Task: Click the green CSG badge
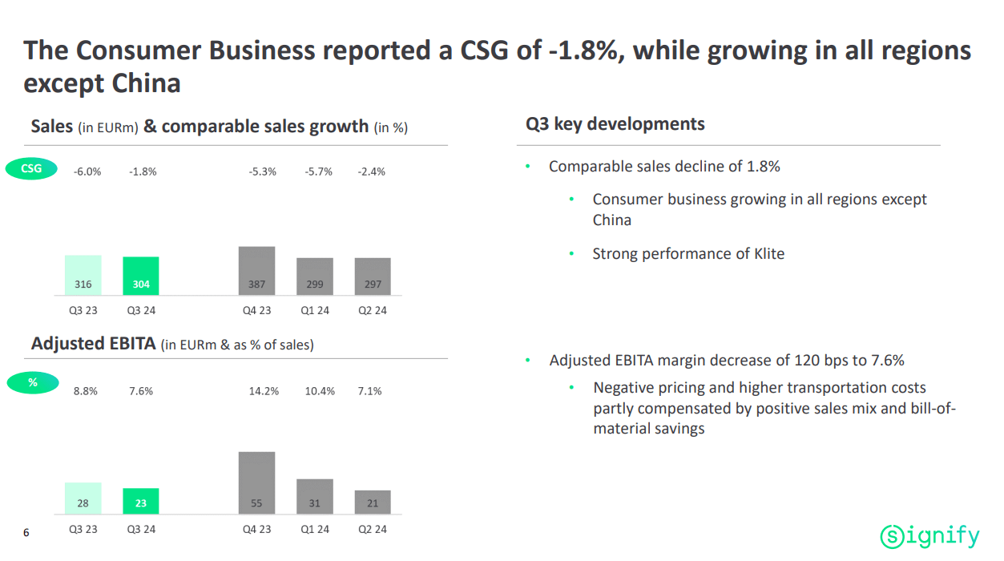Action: [x=31, y=169]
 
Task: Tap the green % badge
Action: [x=33, y=382]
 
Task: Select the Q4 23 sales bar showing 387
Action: [x=256, y=271]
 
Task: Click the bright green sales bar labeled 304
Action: [x=141, y=276]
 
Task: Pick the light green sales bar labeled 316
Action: [x=83, y=276]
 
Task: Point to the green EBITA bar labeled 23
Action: [x=141, y=501]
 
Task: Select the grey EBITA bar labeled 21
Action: [x=373, y=502]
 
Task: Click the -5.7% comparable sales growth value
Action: [x=318, y=172]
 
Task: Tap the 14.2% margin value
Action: [x=264, y=391]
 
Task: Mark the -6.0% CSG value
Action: [x=87, y=172]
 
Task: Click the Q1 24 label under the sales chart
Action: [x=315, y=310]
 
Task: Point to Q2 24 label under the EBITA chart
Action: [x=373, y=529]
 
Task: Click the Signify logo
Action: [x=929, y=535]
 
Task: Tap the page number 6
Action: [x=26, y=532]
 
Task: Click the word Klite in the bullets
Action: [x=768, y=254]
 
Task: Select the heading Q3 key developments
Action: [x=615, y=124]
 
